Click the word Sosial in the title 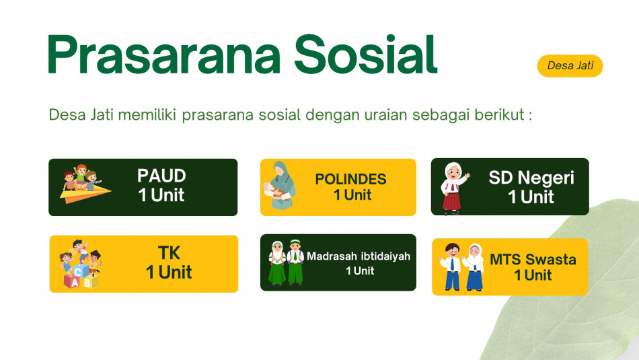(366, 55)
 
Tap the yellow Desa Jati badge (570, 66)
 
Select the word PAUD (161, 176)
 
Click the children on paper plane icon (85, 184)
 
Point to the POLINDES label (350, 179)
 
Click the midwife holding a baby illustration (280, 185)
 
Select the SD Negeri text (531, 178)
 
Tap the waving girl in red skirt (454, 188)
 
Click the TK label (169, 253)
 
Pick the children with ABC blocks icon (80, 264)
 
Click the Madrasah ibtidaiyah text (359, 256)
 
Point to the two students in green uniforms (286, 262)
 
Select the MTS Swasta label (533, 259)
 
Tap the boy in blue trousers (451, 266)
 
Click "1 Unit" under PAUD (161, 195)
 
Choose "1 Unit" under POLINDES (352, 195)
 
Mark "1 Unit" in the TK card (169, 272)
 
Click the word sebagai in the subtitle (441, 115)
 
